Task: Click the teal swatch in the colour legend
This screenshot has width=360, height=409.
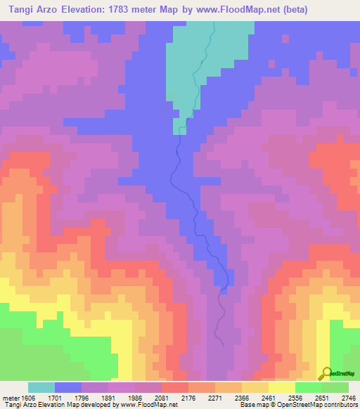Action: pos(41,387)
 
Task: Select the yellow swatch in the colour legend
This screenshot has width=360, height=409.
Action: pos(282,387)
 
